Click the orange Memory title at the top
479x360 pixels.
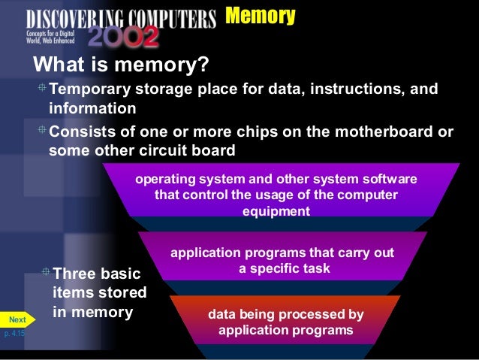coord(260,16)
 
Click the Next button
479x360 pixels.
coord(17,319)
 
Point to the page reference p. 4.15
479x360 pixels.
coord(14,332)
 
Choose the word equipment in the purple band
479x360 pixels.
coord(276,211)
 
